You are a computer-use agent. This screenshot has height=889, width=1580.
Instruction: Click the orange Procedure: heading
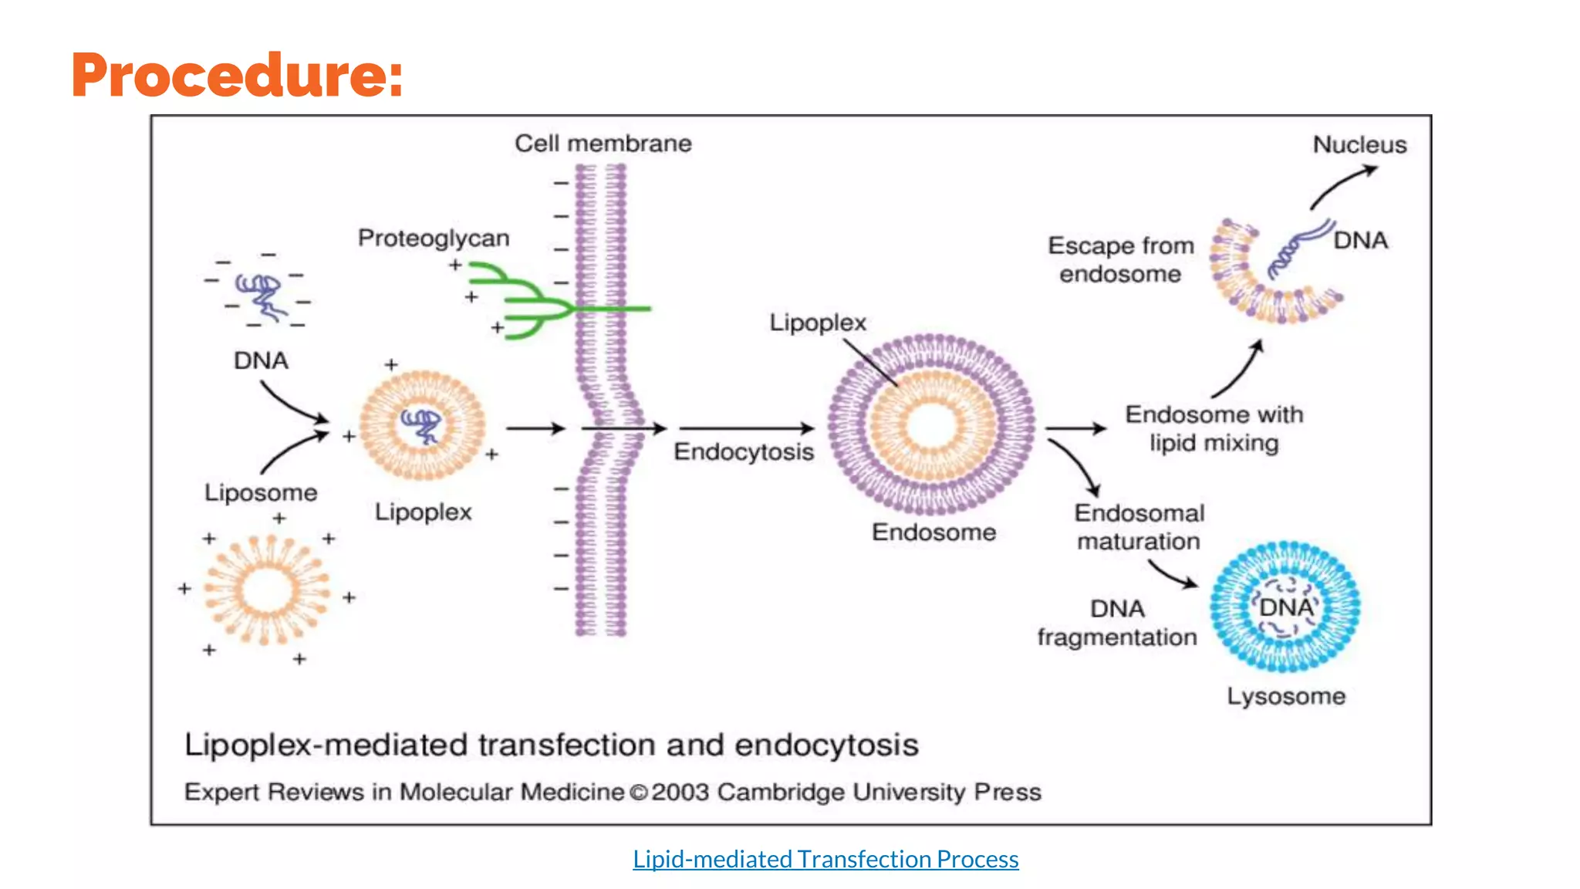pyautogui.click(x=237, y=75)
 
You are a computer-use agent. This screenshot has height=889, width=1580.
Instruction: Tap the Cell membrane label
pyautogui.click(x=603, y=144)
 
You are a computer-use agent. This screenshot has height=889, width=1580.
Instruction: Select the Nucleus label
pyautogui.click(x=1359, y=145)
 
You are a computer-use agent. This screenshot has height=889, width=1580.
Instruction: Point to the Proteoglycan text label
pyautogui.click(x=434, y=238)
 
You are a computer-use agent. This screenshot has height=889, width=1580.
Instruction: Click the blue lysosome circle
pyautogui.click(x=1285, y=607)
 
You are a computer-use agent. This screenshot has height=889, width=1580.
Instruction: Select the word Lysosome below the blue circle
pyautogui.click(x=1286, y=696)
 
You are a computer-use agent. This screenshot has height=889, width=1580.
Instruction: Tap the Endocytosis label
pyautogui.click(x=744, y=451)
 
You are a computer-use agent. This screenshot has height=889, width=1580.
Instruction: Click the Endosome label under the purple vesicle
pyautogui.click(x=933, y=532)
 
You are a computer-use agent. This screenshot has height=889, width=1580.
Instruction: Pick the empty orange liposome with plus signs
pyautogui.click(x=267, y=591)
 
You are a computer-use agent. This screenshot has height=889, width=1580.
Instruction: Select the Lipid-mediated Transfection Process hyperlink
pyautogui.click(x=825, y=859)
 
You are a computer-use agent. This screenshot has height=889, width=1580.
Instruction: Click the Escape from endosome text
pyautogui.click(x=1120, y=259)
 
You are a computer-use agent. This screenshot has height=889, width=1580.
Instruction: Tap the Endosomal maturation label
pyautogui.click(x=1139, y=527)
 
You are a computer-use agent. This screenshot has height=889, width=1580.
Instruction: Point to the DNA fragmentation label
pyautogui.click(x=1116, y=623)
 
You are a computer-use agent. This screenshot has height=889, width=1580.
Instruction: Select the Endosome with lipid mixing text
pyautogui.click(x=1214, y=428)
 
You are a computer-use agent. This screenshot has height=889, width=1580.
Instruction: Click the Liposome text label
pyautogui.click(x=261, y=492)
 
